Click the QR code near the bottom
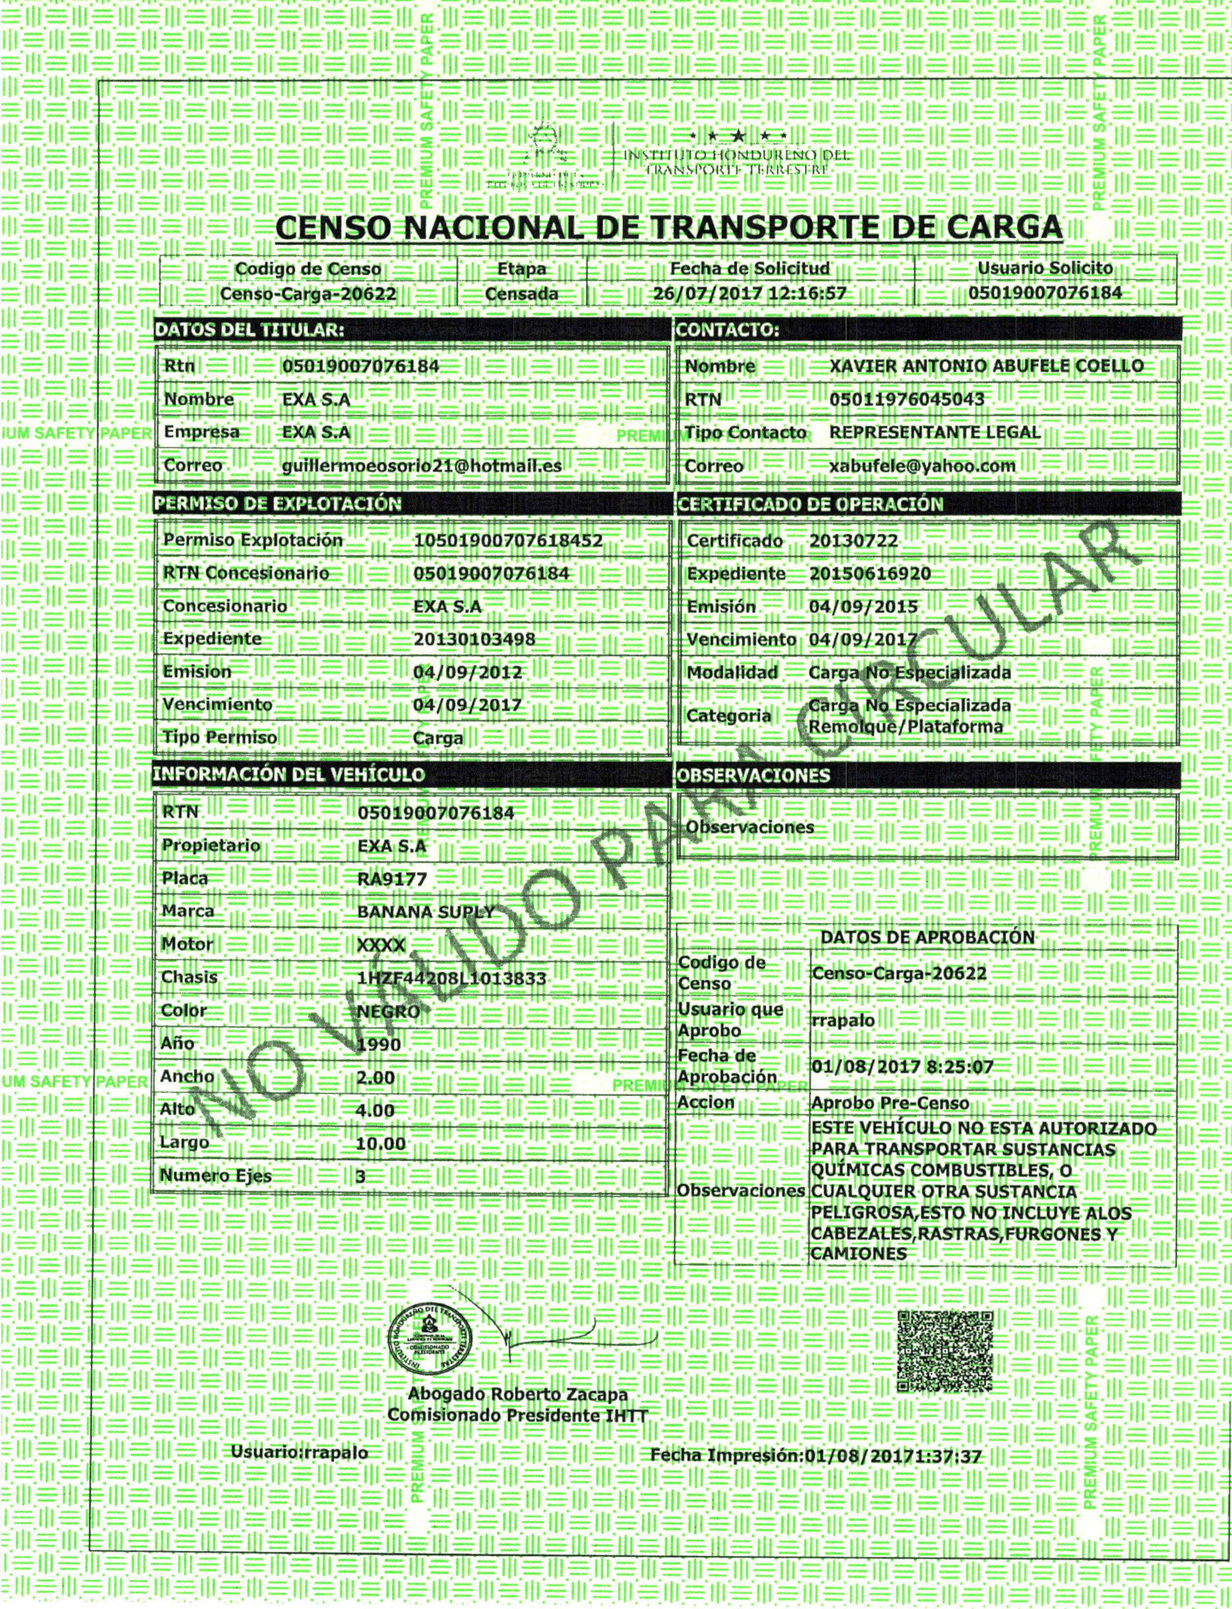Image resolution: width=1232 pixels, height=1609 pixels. tap(945, 1351)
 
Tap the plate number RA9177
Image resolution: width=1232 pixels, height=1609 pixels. tap(392, 878)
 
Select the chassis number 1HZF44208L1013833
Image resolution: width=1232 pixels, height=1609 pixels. tap(451, 978)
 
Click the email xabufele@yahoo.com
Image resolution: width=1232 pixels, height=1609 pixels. tap(922, 465)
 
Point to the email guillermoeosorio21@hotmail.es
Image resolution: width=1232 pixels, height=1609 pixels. tap(422, 465)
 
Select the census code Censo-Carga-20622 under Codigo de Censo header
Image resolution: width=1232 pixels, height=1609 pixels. tap(308, 294)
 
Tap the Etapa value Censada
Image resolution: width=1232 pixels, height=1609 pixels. tap(521, 294)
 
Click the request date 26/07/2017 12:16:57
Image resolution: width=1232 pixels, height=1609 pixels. tap(750, 294)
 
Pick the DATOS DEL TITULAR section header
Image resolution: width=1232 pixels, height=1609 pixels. tap(250, 330)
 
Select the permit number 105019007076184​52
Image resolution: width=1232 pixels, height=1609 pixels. tap(507, 541)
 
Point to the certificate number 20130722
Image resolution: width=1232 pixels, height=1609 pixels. tap(853, 541)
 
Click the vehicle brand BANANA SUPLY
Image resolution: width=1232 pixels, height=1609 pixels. tap(425, 912)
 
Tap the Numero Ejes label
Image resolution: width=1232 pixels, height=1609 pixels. tap(216, 1175)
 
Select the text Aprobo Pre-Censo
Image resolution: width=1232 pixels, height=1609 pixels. tap(890, 1103)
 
